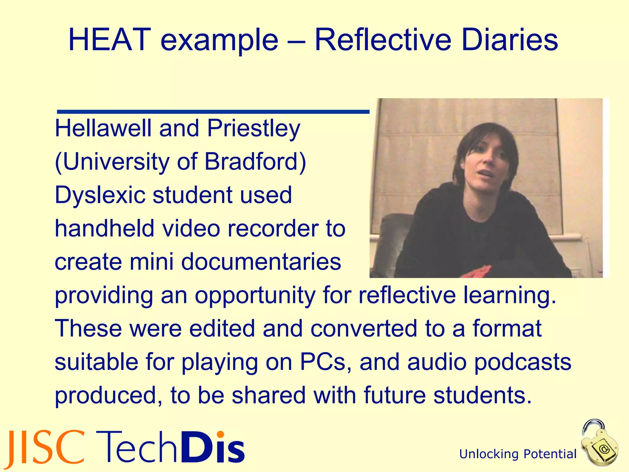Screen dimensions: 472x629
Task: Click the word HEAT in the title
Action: (x=110, y=40)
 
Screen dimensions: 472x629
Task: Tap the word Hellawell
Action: (x=103, y=128)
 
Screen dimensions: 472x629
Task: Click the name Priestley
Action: (x=253, y=129)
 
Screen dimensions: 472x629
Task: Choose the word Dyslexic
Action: (x=100, y=195)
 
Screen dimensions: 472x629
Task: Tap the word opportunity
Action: (x=255, y=296)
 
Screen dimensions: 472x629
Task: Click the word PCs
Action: (x=323, y=362)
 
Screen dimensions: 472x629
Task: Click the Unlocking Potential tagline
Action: (x=518, y=454)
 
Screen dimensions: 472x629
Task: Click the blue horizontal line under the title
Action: (x=213, y=112)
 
